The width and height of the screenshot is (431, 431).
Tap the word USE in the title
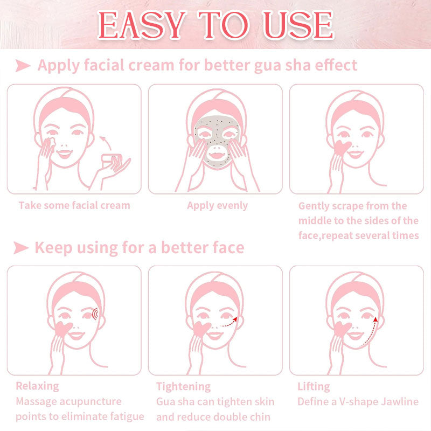pyautogui.click(x=299, y=25)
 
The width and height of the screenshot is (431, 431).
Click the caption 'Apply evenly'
pyautogui.click(x=217, y=206)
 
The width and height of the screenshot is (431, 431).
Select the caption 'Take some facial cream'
pyautogui.click(x=74, y=205)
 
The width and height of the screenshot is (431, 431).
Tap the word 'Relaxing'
pyautogui.click(x=37, y=386)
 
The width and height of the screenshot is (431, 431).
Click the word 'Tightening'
pyautogui.click(x=183, y=386)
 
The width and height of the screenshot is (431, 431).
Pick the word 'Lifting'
pyautogui.click(x=314, y=386)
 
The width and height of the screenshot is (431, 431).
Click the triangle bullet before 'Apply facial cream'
pyautogui.click(x=23, y=65)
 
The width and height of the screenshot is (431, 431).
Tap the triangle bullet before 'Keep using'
pyautogui.click(x=21, y=248)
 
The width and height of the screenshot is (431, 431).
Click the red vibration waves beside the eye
pyautogui.click(x=95, y=314)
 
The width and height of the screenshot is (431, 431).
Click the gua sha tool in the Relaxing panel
pyautogui.click(x=63, y=329)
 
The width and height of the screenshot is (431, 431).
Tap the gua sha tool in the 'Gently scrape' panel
pyautogui.click(x=342, y=148)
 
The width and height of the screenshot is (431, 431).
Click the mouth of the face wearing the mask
pyautogui.click(x=216, y=156)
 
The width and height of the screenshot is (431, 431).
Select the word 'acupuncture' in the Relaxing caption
pyautogui.click(x=91, y=401)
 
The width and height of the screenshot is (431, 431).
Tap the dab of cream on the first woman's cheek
pyautogui.click(x=51, y=142)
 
